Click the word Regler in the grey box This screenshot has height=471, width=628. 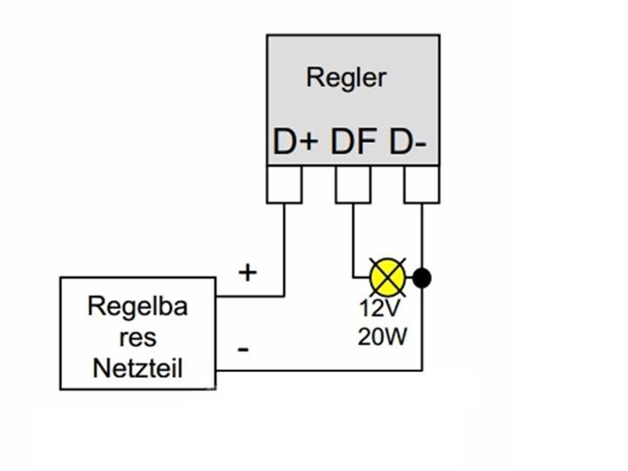tap(345, 78)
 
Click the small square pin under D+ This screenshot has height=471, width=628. tap(284, 184)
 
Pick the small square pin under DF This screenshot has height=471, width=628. tap(352, 184)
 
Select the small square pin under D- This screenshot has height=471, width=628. tap(421, 184)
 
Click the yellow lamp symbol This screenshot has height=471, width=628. tap(387, 277)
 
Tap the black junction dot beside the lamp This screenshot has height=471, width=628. tap(422, 278)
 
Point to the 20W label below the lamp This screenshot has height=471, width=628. tap(382, 335)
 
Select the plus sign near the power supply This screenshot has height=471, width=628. tap(249, 273)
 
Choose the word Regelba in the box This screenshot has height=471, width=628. tap(137, 307)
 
